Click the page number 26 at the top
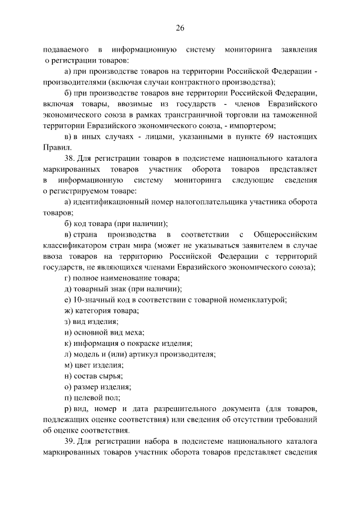point(180,28)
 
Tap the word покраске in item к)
point(146,343)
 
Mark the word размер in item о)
point(86,387)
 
